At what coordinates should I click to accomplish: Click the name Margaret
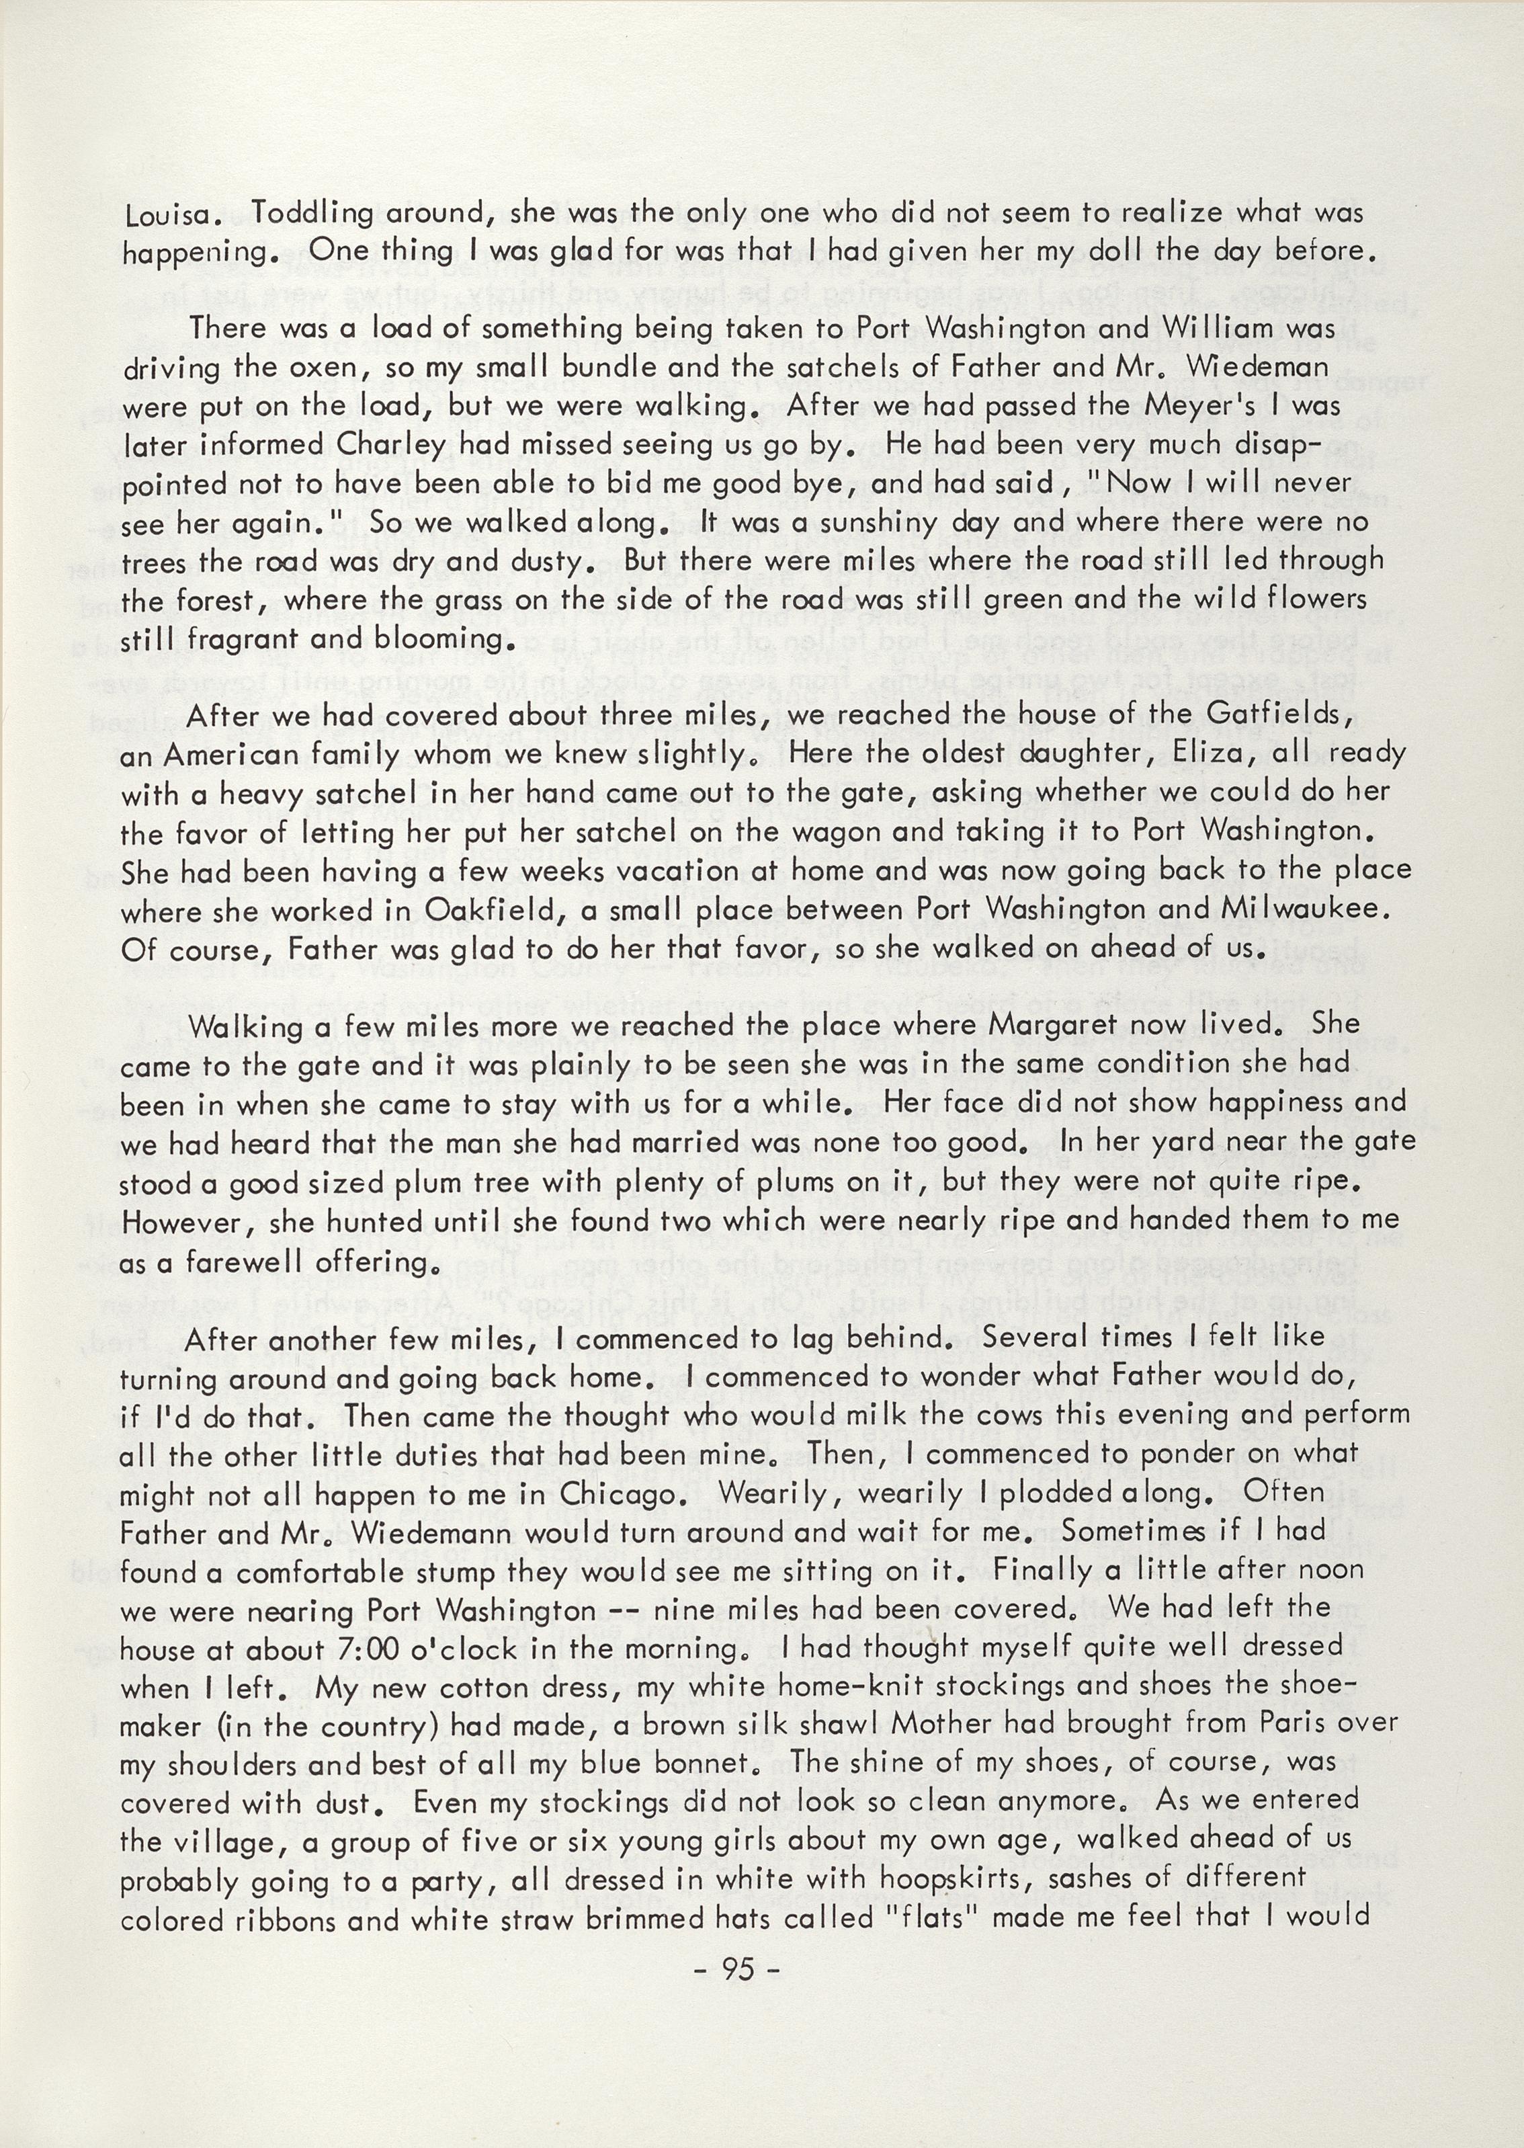click(1048, 1025)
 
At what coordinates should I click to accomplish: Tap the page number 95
click(738, 1971)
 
